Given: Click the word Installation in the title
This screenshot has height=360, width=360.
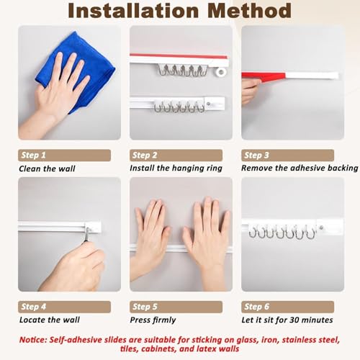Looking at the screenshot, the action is tap(133, 11).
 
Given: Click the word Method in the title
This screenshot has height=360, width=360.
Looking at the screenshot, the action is tap(250, 11).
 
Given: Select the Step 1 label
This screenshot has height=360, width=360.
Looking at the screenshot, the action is tap(33, 155).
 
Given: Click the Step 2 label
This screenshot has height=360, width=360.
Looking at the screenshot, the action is tap(145, 155).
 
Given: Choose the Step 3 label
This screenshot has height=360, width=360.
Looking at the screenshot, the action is tap(256, 155).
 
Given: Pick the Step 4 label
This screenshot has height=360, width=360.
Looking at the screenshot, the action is tap(33, 307).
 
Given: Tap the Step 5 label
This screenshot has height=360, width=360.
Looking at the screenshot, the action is tap(145, 307).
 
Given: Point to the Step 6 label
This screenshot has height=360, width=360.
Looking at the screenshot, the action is tap(256, 307).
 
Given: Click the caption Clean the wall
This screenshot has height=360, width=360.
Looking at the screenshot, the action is tap(47, 168).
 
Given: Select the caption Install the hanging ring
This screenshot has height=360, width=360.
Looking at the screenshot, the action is tap(176, 168).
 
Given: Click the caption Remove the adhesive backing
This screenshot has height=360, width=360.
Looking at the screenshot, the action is tap(300, 168).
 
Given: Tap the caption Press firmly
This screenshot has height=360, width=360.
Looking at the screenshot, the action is tap(153, 320).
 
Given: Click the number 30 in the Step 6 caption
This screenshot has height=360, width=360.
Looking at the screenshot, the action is tap(294, 320).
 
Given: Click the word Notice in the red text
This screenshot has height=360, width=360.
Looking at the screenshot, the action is tap(33, 340).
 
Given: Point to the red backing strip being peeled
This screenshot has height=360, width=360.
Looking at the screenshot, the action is tap(264, 77).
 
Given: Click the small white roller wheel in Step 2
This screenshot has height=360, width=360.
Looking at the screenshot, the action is tap(221, 71).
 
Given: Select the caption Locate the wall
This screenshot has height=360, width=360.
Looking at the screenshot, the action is tap(50, 320).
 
